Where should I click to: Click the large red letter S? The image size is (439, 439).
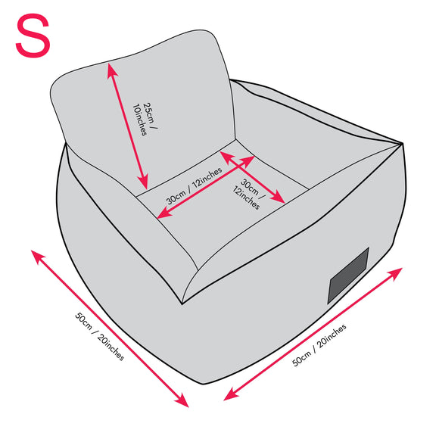(33, 36)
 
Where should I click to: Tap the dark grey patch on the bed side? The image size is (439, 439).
(348, 276)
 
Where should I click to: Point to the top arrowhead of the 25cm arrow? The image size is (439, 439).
(111, 70)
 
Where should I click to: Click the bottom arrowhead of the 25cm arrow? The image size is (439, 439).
(144, 182)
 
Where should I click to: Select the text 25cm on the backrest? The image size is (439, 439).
(150, 113)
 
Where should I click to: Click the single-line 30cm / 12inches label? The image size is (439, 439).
(194, 186)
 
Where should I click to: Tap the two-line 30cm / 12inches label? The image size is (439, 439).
(248, 194)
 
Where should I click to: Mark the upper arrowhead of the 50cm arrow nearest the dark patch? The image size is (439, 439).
(395, 273)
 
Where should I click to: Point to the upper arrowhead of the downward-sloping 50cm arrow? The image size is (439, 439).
(37, 256)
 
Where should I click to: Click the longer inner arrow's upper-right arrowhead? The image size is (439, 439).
(248, 160)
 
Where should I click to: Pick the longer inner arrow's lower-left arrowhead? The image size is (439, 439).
(163, 213)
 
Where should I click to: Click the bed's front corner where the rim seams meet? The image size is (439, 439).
(182, 304)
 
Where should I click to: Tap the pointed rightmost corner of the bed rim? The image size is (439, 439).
(401, 144)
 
